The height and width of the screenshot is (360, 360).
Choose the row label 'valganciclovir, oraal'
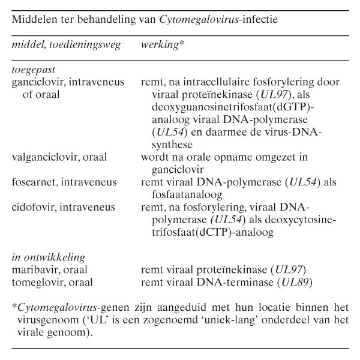(x=59, y=158)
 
